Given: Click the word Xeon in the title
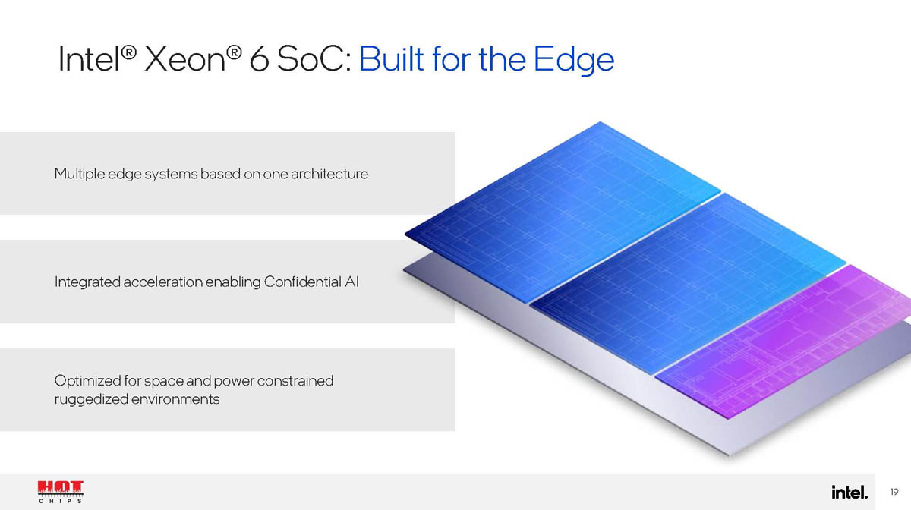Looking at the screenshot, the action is click(184, 59).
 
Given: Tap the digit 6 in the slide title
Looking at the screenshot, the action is click(259, 59).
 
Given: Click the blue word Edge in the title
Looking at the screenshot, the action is click(573, 61).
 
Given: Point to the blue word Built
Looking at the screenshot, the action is click(391, 59).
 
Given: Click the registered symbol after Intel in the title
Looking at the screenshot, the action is click(128, 52).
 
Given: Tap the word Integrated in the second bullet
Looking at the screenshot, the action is click(87, 282).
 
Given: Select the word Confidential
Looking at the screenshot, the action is click(302, 282).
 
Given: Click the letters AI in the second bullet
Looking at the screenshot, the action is click(351, 282).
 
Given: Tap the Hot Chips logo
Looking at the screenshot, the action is click(61, 492).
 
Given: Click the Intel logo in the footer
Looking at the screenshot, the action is click(850, 492).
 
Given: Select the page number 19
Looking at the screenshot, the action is click(894, 492).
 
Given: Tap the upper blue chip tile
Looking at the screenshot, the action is click(563, 212).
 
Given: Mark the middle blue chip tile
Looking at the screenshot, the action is click(688, 284).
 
